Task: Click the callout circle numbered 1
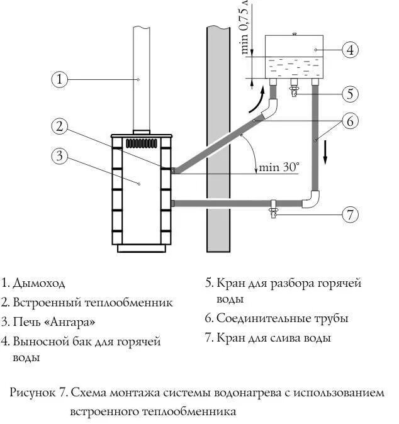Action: [x=59, y=79]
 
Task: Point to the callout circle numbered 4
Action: [x=351, y=49]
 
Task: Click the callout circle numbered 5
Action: [x=351, y=94]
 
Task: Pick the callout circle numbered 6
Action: [x=351, y=120]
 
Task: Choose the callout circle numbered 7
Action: [x=351, y=214]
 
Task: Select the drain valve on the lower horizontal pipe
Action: [x=273, y=208]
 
